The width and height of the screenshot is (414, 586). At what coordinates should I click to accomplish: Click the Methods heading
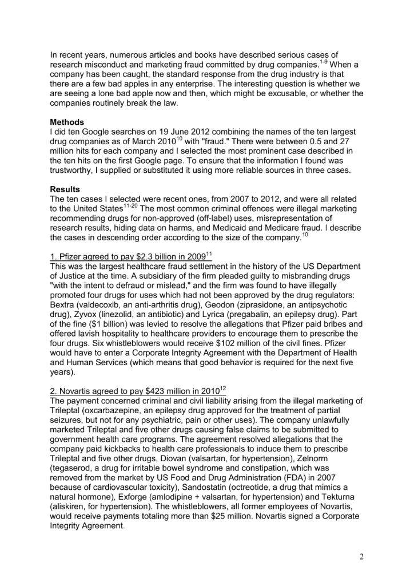[67, 122]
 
